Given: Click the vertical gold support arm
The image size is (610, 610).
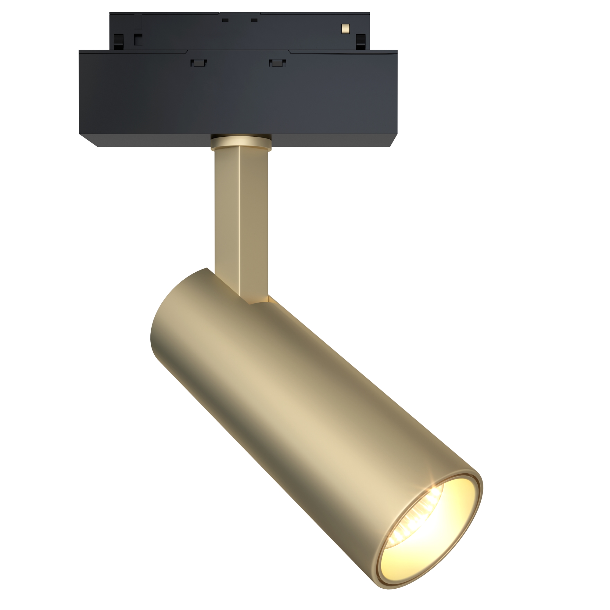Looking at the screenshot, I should (241, 215).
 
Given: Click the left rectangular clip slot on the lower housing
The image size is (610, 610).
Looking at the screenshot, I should (199, 63).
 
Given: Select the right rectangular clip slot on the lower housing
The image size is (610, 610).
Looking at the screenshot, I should (278, 63).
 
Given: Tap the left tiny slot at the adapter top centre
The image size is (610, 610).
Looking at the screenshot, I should (225, 20).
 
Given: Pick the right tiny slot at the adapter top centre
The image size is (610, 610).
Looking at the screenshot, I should (254, 20).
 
